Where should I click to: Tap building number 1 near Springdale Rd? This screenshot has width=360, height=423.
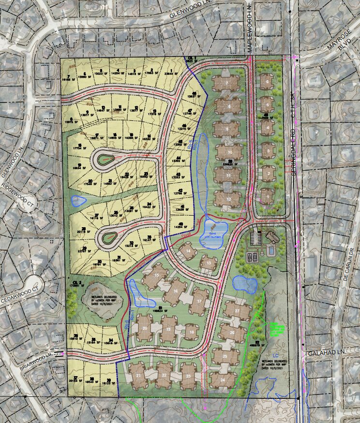[266, 197]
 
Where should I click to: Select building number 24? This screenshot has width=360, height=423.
[223, 380]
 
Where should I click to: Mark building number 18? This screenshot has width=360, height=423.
[192, 332]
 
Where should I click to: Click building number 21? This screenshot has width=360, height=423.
[139, 375]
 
